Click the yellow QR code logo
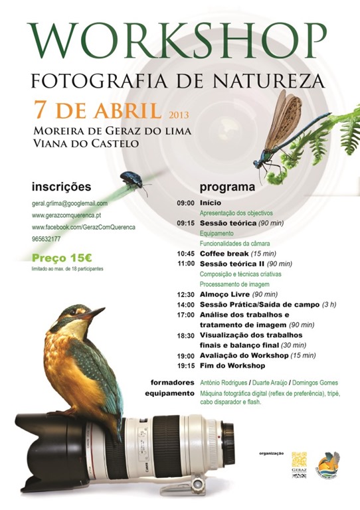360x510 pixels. point(300,460)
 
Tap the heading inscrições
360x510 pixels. point(61,187)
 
